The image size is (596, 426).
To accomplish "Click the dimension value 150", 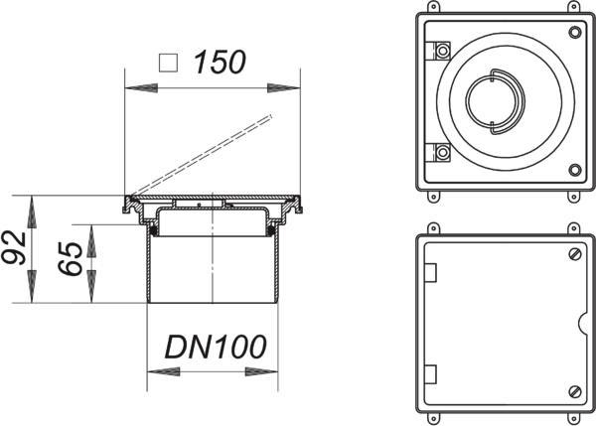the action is pyautogui.click(x=220, y=62).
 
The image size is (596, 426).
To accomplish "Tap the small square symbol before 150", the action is pyautogui.click(x=169, y=63).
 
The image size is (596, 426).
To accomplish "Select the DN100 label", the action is pyautogui.click(x=216, y=347).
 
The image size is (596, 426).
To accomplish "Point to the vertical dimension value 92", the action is pyautogui.click(x=14, y=248).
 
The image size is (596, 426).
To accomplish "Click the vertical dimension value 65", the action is pyautogui.click(x=70, y=258).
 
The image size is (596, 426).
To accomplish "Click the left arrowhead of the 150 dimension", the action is pyautogui.click(x=141, y=88).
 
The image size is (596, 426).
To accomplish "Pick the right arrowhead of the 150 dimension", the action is pyautogui.click(x=283, y=88).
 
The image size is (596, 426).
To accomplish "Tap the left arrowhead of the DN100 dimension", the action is pyautogui.click(x=164, y=371).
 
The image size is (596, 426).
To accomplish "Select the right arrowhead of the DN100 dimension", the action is pyautogui.click(x=261, y=371).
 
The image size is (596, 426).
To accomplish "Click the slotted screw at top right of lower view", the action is pyautogui.click(x=575, y=254).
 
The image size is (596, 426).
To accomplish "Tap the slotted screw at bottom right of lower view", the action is pyautogui.click(x=575, y=391).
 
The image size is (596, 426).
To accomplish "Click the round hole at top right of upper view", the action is pyautogui.click(x=575, y=32).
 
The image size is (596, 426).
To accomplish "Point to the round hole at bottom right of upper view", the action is pyautogui.click(x=575, y=170).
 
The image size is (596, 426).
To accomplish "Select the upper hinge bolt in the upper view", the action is pyautogui.click(x=443, y=51).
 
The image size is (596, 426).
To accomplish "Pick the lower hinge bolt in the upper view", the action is pyautogui.click(x=443, y=153).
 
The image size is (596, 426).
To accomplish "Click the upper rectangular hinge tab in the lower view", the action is pyautogui.click(x=430, y=272).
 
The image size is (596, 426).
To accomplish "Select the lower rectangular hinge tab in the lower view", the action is pyautogui.click(x=430, y=374).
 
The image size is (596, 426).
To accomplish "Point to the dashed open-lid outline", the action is pyautogui.click(x=203, y=155).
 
